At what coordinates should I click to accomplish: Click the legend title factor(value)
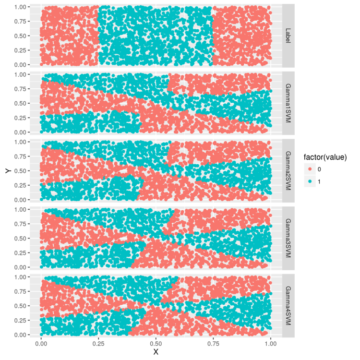[x=325, y=157]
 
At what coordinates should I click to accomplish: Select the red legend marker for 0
[x=309, y=169]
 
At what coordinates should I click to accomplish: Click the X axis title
[x=156, y=352]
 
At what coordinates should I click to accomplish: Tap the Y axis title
[x=7, y=171]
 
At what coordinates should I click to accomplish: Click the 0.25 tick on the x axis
[x=98, y=344]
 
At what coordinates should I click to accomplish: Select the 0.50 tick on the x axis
[x=156, y=344]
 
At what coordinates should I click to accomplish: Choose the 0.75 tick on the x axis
[x=213, y=344]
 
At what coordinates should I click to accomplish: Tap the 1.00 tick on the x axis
[x=271, y=344]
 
